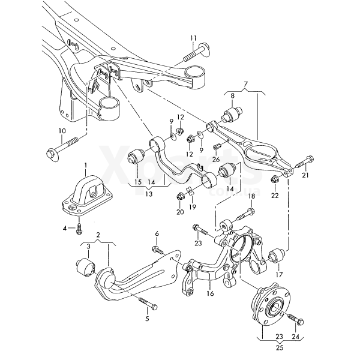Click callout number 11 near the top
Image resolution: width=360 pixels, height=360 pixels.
pos(193,38)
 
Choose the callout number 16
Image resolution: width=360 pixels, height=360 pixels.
pos(210,294)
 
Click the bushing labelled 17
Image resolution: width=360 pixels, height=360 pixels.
pos(277,255)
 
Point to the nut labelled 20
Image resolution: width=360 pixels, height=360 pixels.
pos(181,196)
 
